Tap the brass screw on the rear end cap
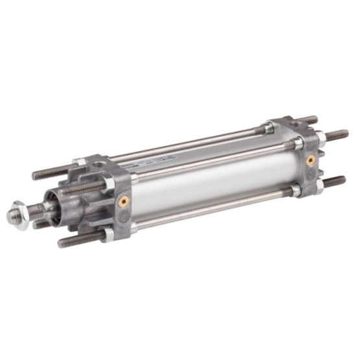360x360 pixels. [x=311, y=159]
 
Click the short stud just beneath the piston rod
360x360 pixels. [x=42, y=224]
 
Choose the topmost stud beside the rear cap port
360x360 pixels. [x=310, y=120]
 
